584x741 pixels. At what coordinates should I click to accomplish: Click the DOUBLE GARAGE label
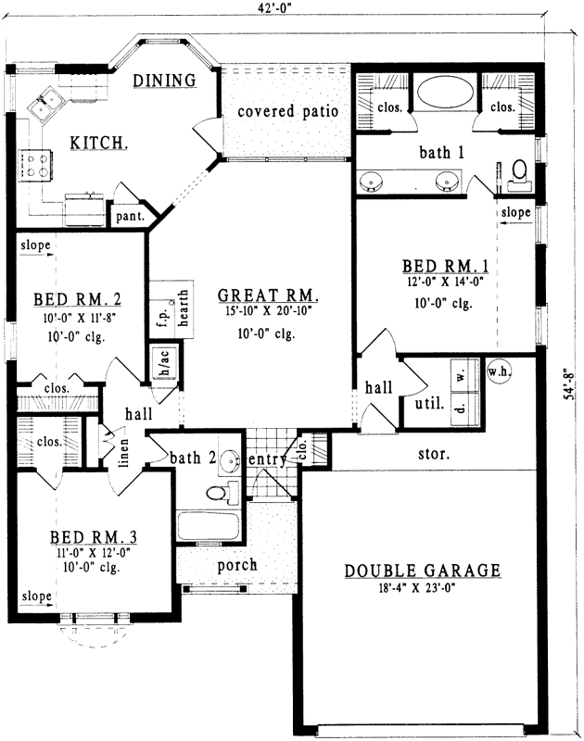click(x=423, y=571)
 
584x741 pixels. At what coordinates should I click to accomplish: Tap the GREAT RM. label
click(x=269, y=296)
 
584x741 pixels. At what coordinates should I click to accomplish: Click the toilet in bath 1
click(x=518, y=172)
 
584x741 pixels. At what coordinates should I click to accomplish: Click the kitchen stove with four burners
click(x=36, y=166)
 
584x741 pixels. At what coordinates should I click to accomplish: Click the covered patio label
click(x=286, y=112)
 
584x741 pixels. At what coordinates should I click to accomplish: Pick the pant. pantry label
click(x=127, y=217)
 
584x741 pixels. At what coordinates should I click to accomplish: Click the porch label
click(x=237, y=564)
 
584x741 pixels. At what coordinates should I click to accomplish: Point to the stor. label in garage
click(x=433, y=455)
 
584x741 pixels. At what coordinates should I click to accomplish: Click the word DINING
click(x=163, y=81)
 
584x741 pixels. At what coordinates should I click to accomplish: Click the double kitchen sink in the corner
click(x=44, y=107)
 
